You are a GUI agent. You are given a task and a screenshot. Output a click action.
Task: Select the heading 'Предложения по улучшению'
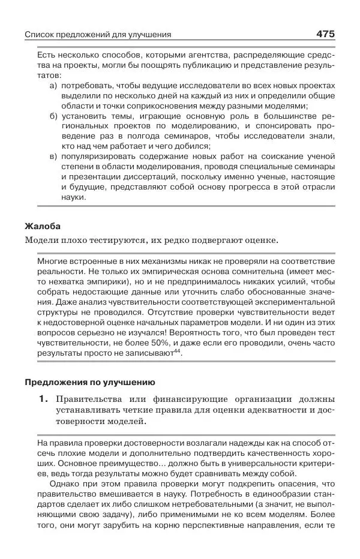pos(89,382)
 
